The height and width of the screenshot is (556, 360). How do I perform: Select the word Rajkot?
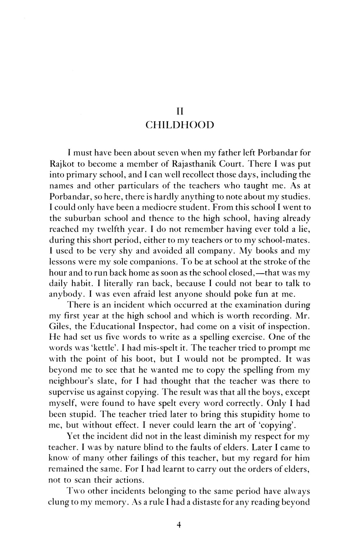point(60,164)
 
